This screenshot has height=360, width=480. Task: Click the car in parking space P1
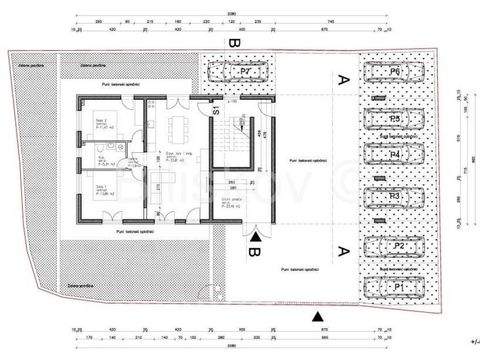398,287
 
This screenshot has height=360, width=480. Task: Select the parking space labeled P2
398,245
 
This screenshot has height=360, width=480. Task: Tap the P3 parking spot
398,195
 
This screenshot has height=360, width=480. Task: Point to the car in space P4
398,156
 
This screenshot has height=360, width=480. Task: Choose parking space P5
398,119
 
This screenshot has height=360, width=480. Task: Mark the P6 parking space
398,73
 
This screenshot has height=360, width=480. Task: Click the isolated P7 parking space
246,72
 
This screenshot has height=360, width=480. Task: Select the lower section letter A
343,250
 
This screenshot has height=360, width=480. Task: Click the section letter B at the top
232,44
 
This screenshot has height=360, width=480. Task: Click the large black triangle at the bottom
317,316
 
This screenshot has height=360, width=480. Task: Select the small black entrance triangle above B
257,236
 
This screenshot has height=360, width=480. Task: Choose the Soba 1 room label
102,187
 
